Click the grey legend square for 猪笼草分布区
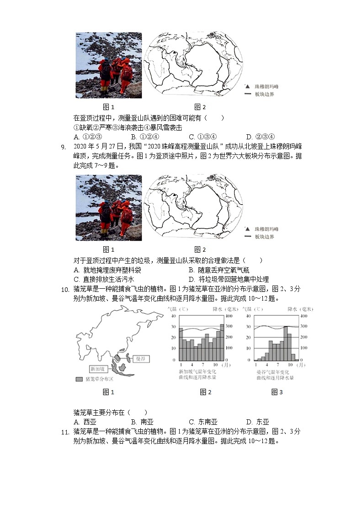tap(79, 379)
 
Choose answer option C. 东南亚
tap(203, 422)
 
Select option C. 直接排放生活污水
tap(104, 279)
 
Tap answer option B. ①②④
tap(144, 137)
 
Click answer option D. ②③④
tap(260, 137)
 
